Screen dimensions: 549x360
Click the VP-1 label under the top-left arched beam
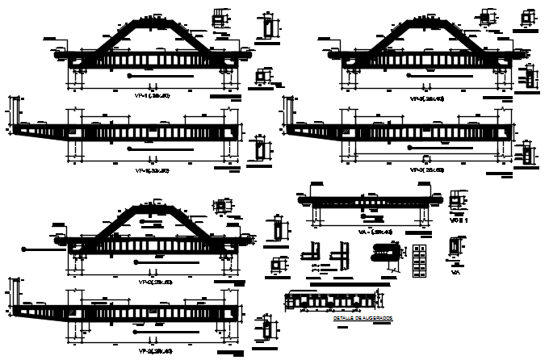[154, 95]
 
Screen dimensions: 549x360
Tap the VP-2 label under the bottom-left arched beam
[154, 283]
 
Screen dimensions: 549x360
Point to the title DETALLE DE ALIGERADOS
[363, 319]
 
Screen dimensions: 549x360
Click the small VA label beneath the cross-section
[455, 273]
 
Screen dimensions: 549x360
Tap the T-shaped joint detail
[340, 257]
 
